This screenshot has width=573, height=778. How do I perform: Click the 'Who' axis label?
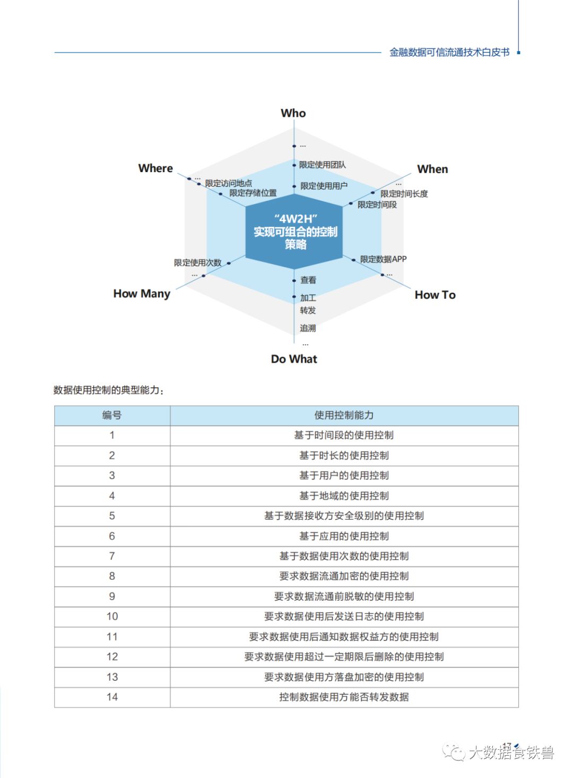click(293, 113)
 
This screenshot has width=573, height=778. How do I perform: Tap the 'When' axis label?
click(432, 169)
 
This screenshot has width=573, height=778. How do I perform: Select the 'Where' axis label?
click(155, 168)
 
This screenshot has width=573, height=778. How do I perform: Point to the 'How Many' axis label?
click(142, 294)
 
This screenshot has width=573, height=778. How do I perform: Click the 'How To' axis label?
click(435, 295)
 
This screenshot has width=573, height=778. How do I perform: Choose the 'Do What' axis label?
click(294, 359)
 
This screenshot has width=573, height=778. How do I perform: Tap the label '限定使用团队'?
click(322, 165)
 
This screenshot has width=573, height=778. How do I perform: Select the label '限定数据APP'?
click(383, 259)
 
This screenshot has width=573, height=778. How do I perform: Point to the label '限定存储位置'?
click(253, 193)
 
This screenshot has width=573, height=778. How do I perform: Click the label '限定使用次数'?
click(197, 263)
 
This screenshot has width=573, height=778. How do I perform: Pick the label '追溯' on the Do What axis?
click(308, 328)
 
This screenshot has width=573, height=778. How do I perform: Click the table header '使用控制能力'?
click(344, 415)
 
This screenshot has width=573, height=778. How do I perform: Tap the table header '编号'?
click(112, 415)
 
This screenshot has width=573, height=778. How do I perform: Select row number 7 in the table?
click(112, 556)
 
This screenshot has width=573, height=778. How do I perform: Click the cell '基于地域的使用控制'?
click(344, 496)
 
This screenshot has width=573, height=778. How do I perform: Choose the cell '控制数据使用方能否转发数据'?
click(344, 697)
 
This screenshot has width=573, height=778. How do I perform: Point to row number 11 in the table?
click(112, 637)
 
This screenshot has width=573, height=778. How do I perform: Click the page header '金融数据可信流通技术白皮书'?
click(449, 52)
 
